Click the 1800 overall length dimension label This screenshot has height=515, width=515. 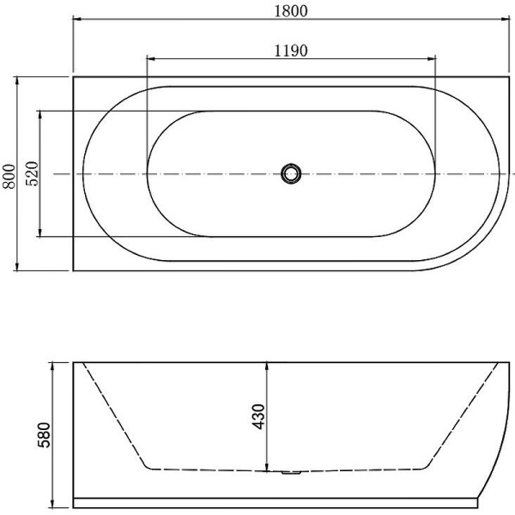(291, 11)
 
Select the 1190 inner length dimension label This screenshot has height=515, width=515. (291, 51)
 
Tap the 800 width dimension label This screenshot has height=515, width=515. (9, 177)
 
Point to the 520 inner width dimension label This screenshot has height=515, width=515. (33, 173)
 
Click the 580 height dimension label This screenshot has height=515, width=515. (44, 435)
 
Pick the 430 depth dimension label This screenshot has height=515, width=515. (258, 417)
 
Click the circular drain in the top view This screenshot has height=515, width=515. (291, 173)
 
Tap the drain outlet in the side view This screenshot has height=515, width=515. (291, 473)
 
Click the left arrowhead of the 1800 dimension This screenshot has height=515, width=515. (77, 19)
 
